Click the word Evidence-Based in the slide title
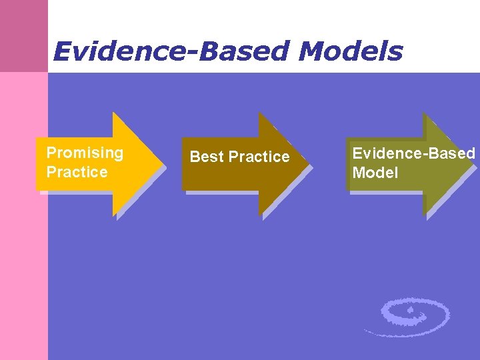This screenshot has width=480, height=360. click(172, 51)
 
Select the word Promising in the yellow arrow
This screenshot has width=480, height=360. click(85, 153)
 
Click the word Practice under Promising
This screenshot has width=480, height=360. click(77, 172)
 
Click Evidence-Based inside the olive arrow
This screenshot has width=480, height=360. click(413, 153)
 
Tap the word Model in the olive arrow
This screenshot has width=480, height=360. click(375, 173)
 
